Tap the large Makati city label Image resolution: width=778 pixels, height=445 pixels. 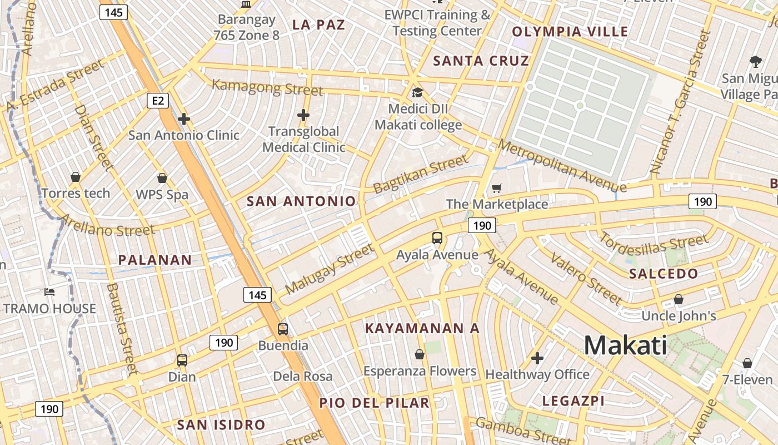pos(625,345)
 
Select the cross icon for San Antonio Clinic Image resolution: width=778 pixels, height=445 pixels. pos(184,118)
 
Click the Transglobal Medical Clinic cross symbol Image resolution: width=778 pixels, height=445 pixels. pos(303,115)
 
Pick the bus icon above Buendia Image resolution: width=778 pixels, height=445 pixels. pos(283,329)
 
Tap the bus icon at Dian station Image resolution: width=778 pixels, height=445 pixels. pos(182,360)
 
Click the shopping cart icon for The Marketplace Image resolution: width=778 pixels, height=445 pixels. pos(496,189)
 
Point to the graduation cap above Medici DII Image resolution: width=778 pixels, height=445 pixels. pos(417,92)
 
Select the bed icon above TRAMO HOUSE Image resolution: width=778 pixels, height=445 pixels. pos(49,291)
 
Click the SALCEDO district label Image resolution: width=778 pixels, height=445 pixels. pos(664,274)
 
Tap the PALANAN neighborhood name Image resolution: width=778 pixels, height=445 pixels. pos(155,260)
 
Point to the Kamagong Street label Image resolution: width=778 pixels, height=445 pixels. pos(267,87)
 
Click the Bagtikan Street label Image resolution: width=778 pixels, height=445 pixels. pos(421,174)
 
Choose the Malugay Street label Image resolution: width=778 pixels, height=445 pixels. pos(330,269)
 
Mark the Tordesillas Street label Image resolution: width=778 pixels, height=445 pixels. pos(654,243)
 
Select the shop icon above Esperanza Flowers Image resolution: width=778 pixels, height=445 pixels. pos(420,354)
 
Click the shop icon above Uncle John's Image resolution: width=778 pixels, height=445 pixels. pos(679,299)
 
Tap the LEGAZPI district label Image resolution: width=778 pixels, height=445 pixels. pos(573,401)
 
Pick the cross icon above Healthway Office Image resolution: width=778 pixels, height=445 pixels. pos(537,358)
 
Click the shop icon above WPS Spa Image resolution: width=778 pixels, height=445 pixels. pos(162,178)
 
